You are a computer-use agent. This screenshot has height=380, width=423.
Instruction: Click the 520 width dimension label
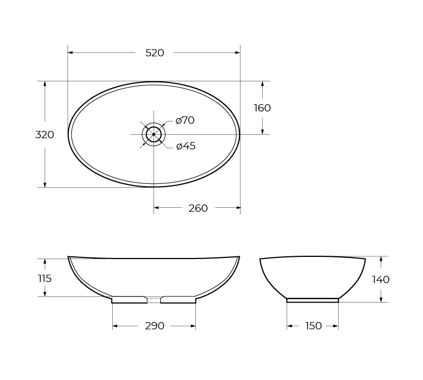(155, 53)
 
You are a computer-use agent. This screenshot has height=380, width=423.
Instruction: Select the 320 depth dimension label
(45, 134)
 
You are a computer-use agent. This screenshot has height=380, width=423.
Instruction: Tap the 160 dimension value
(262, 108)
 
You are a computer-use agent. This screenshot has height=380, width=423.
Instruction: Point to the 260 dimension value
(198, 208)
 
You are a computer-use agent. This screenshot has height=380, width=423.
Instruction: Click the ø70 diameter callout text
(185, 120)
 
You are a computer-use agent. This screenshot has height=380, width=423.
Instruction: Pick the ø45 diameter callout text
(186, 146)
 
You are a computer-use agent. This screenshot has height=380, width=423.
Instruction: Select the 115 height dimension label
(45, 278)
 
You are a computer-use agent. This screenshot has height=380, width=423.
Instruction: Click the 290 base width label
(155, 326)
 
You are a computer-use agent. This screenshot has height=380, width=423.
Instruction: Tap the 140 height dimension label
(381, 279)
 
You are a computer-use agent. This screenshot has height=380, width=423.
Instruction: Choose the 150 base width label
(314, 326)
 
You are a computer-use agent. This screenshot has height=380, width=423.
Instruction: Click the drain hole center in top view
(153, 134)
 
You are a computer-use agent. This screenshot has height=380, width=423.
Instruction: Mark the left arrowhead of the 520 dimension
(70, 53)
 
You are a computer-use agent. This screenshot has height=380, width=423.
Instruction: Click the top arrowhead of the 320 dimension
(45, 84)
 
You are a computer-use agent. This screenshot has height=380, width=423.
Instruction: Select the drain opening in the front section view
(153, 299)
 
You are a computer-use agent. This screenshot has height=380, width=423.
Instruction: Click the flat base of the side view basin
(313, 300)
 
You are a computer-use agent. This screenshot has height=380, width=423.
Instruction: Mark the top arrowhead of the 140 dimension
(381, 259)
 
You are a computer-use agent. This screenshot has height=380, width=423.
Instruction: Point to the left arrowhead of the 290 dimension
(115, 326)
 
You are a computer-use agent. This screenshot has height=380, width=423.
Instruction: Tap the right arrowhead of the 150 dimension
(336, 326)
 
